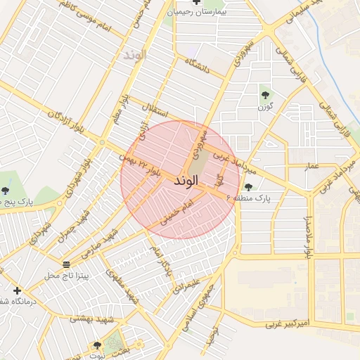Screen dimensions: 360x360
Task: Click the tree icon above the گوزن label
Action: [264, 94]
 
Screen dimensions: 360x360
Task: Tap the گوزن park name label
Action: [264, 106]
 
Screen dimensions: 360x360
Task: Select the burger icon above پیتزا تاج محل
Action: [66, 264]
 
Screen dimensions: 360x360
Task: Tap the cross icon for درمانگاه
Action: [17, 290]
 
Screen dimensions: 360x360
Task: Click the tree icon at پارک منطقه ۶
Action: [248, 187]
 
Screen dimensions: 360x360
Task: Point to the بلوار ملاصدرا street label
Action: [307, 236]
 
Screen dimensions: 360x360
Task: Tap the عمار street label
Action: [311, 167]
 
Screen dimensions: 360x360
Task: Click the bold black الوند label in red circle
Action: [185, 181]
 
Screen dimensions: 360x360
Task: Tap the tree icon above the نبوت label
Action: [98, 346]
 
